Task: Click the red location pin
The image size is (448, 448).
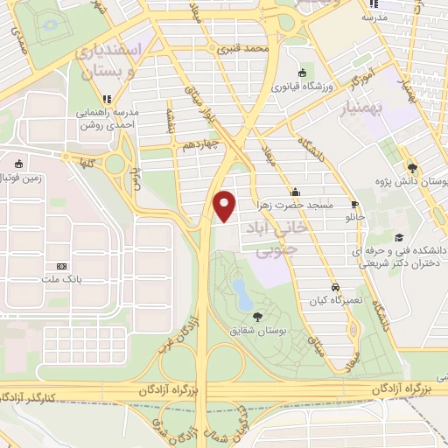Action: (226, 205)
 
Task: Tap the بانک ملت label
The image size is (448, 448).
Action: (60, 279)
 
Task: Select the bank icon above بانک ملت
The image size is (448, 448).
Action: (60, 266)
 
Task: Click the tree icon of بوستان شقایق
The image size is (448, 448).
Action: (257, 317)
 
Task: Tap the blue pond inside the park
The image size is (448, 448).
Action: (237, 288)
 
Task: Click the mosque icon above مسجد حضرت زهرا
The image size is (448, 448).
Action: (296, 192)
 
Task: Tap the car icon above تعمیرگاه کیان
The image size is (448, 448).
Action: (335, 286)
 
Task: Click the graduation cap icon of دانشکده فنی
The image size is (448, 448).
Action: (399, 238)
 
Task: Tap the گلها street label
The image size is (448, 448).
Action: (85, 162)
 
